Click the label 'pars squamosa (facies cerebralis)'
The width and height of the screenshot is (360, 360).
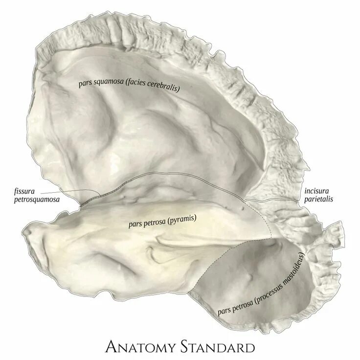129,86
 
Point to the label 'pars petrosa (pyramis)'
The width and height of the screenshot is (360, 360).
162,221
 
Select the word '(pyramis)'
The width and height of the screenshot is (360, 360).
181,220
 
